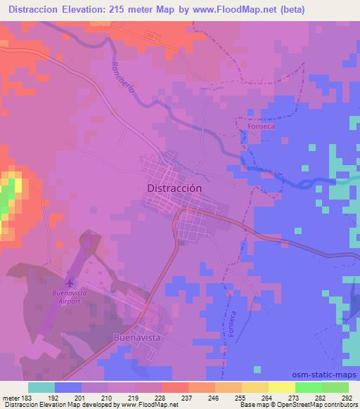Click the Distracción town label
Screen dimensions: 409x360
tap(175, 188)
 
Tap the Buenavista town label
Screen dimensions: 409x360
tap(137, 338)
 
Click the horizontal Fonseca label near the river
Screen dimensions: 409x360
tap(251, 129)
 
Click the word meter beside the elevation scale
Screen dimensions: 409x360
tap(10, 398)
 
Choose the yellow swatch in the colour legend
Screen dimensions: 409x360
tap(281, 387)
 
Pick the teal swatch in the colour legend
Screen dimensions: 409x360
tap(41, 387)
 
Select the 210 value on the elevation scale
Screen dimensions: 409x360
tap(108, 398)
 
